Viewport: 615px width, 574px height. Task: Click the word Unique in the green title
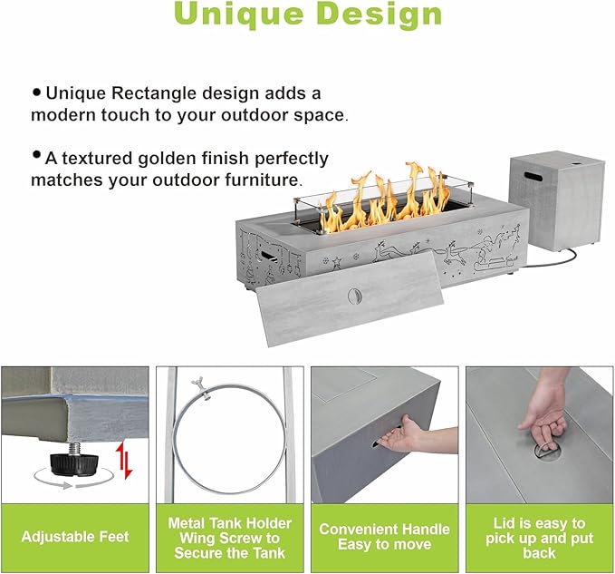(239, 14)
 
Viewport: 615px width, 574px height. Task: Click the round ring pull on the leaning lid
(354, 296)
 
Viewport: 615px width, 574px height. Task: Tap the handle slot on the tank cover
(533, 176)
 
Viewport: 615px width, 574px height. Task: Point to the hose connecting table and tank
(557, 260)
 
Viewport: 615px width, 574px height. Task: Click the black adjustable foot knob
(71, 462)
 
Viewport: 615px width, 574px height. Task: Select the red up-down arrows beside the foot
(125, 460)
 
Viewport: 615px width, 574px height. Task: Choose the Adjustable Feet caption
(75, 537)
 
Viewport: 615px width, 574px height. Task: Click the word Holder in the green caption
(269, 523)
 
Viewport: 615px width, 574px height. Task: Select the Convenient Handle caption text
(384, 530)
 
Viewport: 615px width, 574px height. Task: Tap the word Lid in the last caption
(504, 523)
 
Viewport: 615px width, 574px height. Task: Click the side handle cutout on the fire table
(268, 256)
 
